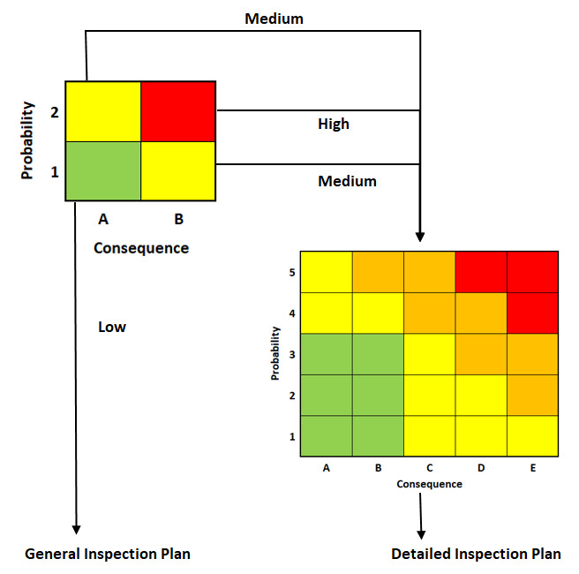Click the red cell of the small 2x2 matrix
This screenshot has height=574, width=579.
[178, 111]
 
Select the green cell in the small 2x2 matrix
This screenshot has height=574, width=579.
[103, 171]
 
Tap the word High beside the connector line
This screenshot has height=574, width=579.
[334, 125]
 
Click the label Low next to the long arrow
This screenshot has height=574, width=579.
[112, 327]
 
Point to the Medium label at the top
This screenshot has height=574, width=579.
[274, 19]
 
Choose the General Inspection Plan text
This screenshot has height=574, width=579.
[108, 554]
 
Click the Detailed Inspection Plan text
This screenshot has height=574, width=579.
[476, 554]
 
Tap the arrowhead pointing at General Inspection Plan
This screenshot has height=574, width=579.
[76, 530]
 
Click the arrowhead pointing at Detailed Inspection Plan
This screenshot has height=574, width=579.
[421, 535]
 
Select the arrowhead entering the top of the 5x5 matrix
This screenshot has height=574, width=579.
[420, 237]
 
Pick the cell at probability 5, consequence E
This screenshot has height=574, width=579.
[532, 272]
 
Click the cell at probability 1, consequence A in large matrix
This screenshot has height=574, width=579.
[327, 436]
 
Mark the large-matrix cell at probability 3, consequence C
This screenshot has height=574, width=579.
[430, 354]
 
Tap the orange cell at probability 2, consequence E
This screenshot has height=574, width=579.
[532, 396]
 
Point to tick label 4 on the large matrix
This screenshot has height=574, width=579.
[292, 313]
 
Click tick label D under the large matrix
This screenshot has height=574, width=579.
[481, 468]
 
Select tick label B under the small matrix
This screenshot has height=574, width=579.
[178, 219]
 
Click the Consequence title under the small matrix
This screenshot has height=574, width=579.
[141, 248]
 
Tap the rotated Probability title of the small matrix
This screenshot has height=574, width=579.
[27, 140]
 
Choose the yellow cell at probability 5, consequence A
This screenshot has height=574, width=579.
[327, 272]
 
